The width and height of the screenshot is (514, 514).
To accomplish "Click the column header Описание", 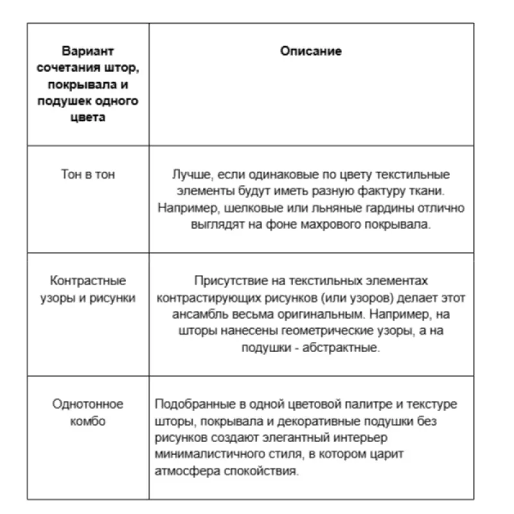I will [312, 51].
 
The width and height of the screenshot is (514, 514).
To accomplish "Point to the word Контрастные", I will [88, 281].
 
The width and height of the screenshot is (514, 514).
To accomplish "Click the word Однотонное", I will [88, 404].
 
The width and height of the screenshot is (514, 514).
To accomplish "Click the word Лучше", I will [190, 174].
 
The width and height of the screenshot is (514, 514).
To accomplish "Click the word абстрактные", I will [344, 348].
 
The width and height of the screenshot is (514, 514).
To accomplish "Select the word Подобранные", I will [194, 404].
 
